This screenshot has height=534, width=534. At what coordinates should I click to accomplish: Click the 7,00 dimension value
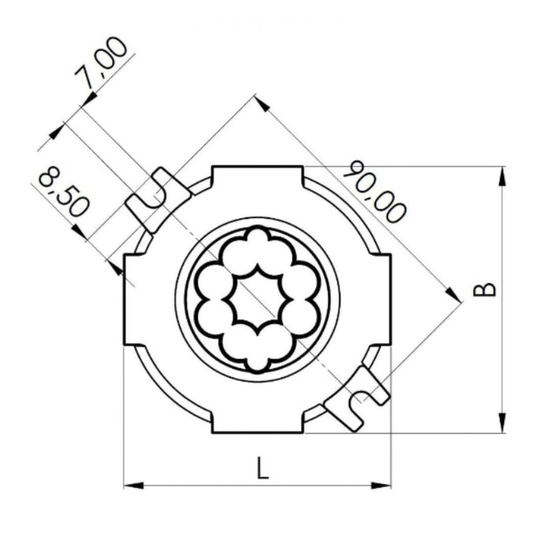(x=101, y=63)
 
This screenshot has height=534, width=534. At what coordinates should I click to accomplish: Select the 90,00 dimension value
(x=374, y=192)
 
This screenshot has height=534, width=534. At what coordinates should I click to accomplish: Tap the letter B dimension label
(x=485, y=289)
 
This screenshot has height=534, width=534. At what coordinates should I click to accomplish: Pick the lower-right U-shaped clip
(x=356, y=398)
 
